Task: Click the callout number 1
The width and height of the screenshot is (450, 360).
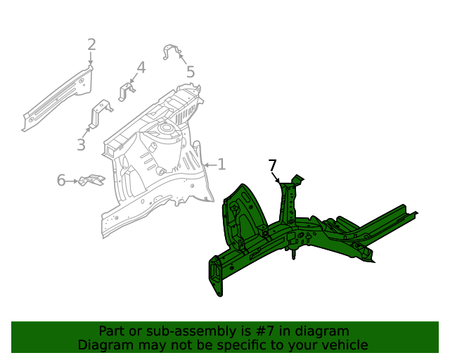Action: [x=221, y=165]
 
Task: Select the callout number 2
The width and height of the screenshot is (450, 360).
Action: [x=91, y=46]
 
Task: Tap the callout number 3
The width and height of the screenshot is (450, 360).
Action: [x=81, y=145]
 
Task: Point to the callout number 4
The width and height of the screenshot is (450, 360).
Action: [x=141, y=67]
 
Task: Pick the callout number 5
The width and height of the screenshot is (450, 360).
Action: [x=191, y=71]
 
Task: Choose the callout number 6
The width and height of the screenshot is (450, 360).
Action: [x=61, y=181]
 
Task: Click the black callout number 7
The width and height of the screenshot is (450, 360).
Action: [x=273, y=165]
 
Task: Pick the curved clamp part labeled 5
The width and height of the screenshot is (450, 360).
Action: [x=172, y=52]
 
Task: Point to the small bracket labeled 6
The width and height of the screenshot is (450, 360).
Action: [x=91, y=181]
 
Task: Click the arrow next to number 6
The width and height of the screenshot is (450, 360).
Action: [x=72, y=181]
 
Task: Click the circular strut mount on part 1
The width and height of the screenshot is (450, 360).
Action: [x=166, y=129]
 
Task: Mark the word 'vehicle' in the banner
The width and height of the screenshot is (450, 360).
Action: [x=343, y=345]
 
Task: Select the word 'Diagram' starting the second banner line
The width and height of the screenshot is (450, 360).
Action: [x=103, y=345]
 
